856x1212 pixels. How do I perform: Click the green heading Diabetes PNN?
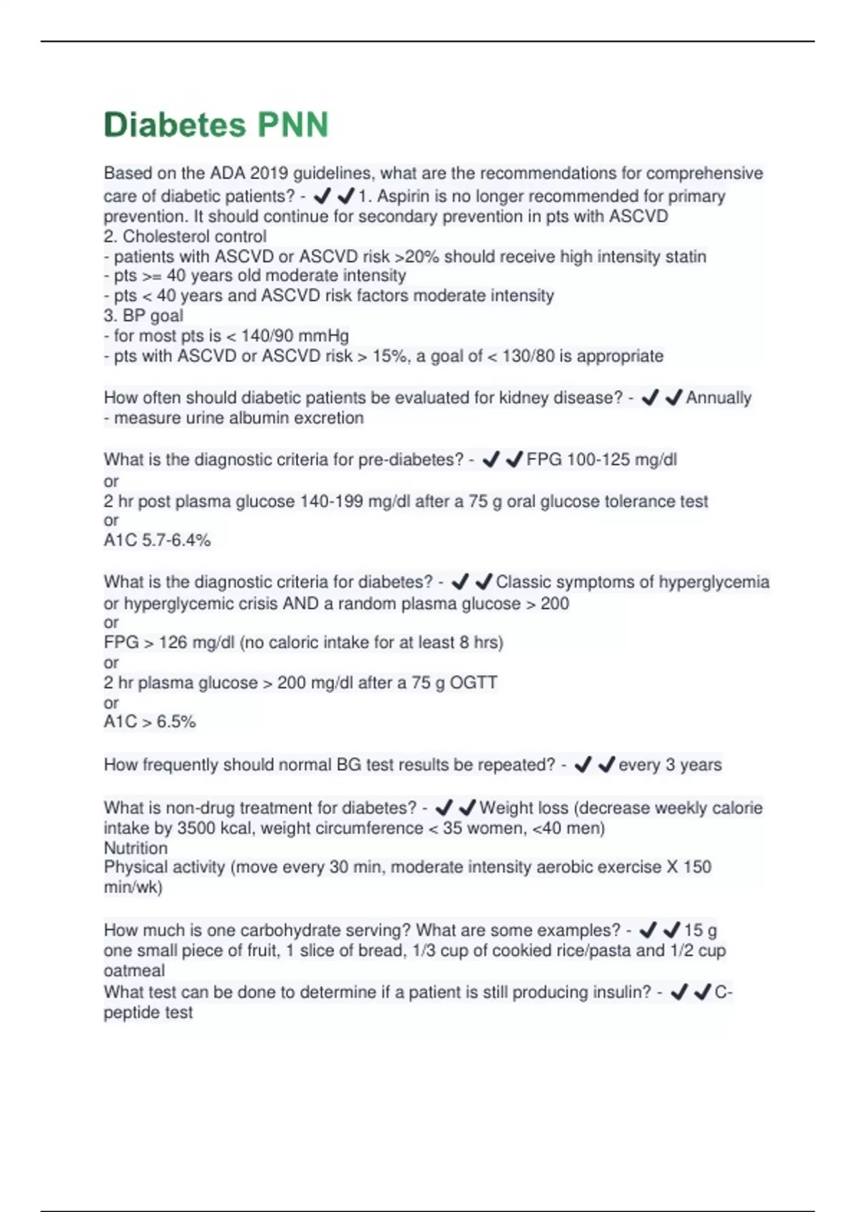click(215, 125)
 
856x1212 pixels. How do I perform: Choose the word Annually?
click(718, 398)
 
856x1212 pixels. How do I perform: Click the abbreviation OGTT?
click(473, 682)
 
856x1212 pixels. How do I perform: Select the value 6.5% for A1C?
click(176, 721)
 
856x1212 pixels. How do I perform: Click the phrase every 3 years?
click(670, 765)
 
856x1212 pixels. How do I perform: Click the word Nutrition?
click(136, 848)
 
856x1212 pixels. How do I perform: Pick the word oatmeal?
click(134, 970)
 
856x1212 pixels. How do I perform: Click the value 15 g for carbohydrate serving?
click(700, 930)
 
